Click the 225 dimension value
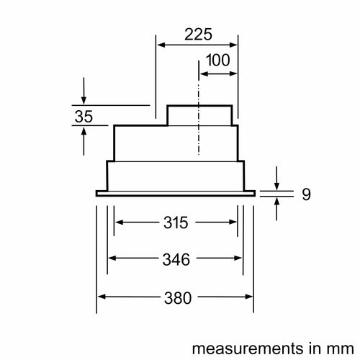(x=198, y=35)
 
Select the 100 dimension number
(x=218, y=60)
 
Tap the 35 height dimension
(x=84, y=117)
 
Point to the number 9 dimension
(x=306, y=194)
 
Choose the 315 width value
(x=176, y=222)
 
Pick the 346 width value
(x=176, y=259)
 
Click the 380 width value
(x=178, y=298)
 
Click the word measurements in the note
(x=248, y=348)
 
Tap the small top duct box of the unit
(x=199, y=115)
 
